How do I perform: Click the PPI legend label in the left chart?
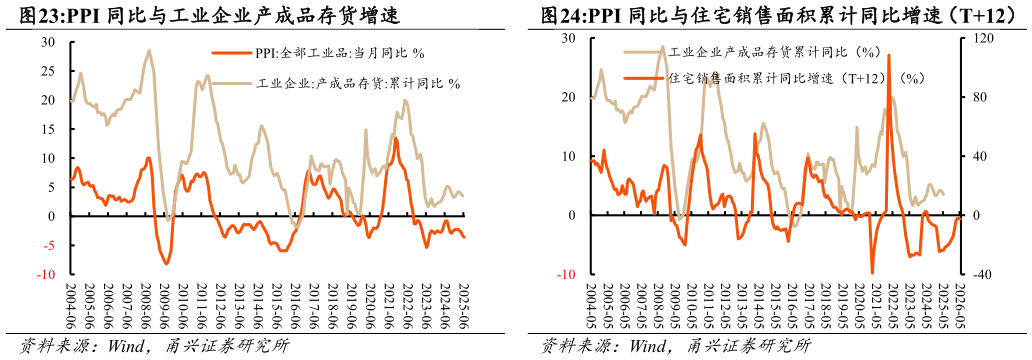tap(340, 53)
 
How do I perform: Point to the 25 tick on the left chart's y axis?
tap(48, 72)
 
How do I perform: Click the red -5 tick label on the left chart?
tap(48, 245)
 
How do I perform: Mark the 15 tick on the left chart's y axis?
tap(48, 130)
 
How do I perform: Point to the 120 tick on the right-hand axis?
tap(980, 39)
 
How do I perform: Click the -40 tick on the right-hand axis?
tap(980, 275)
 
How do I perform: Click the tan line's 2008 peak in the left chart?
tap(149, 50)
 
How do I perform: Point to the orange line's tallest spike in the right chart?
tap(888, 55)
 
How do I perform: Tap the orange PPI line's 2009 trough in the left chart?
tap(166, 263)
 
